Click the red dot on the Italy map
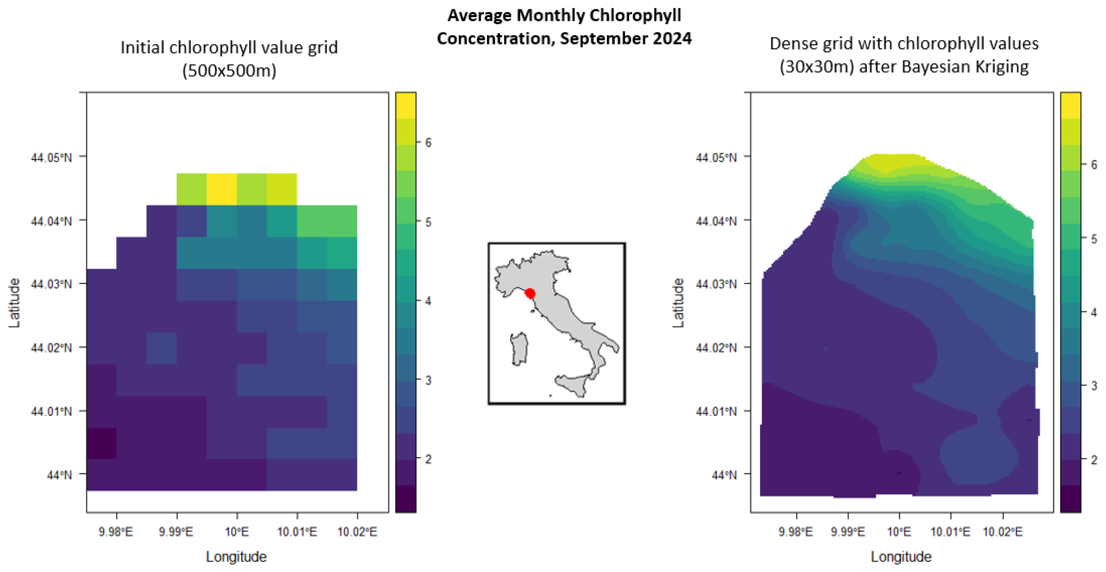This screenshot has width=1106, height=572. (x=530, y=294)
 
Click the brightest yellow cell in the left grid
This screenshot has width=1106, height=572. (x=222, y=189)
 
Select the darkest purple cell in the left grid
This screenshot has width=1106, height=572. (x=101, y=443)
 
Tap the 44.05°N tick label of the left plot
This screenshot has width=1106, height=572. (x=51, y=158)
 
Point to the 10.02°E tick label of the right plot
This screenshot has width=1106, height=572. (x=1003, y=532)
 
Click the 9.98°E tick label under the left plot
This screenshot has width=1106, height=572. (x=116, y=532)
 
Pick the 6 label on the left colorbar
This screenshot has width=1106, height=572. (x=428, y=143)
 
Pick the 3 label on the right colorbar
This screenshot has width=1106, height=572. (x=1094, y=386)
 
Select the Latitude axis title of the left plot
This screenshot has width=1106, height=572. (x=14, y=303)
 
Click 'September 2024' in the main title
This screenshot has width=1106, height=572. (x=626, y=39)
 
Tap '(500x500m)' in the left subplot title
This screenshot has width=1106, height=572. (x=229, y=70)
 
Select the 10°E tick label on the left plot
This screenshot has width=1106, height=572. (x=237, y=532)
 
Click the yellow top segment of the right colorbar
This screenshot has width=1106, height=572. (x=1070, y=105)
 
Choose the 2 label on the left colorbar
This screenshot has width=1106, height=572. (x=428, y=459)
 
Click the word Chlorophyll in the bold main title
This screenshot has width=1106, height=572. (x=635, y=16)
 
